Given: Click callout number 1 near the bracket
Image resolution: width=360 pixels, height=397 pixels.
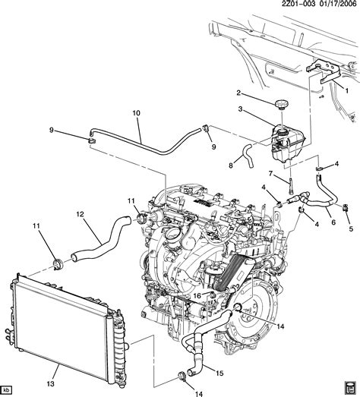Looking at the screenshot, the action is pyautogui.click(x=346, y=90).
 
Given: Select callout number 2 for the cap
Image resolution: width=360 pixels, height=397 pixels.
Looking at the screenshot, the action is pyautogui.click(x=238, y=93).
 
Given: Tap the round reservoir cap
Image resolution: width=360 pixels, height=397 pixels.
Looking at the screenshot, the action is pyautogui.click(x=282, y=104).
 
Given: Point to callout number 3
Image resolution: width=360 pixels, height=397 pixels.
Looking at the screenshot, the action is pyautogui.click(x=240, y=109).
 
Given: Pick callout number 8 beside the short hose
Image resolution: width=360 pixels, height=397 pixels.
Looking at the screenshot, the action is pyautogui.click(x=231, y=165).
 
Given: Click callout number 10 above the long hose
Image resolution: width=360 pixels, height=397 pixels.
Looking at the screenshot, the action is pyautogui.click(x=136, y=113).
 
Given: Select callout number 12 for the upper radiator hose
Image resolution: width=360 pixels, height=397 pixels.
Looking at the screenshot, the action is pyautogui.click(x=80, y=214).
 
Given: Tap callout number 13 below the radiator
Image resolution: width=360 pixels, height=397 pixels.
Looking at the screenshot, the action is pyautogui.click(x=51, y=384).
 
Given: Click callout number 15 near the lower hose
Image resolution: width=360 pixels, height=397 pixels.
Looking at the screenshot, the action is pyautogui.click(x=220, y=373).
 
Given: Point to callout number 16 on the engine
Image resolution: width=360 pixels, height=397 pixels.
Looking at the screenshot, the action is pyautogui.click(x=197, y=296).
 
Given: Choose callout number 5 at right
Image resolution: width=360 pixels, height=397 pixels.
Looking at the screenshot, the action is pyautogui.click(x=351, y=229).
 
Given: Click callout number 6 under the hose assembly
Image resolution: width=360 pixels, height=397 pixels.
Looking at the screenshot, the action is pyautogui.click(x=333, y=222).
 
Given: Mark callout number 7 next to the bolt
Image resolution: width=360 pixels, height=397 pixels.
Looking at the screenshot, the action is pyautogui.click(x=270, y=173).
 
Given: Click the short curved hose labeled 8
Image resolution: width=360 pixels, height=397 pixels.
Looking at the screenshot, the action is pyautogui.click(x=248, y=155).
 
